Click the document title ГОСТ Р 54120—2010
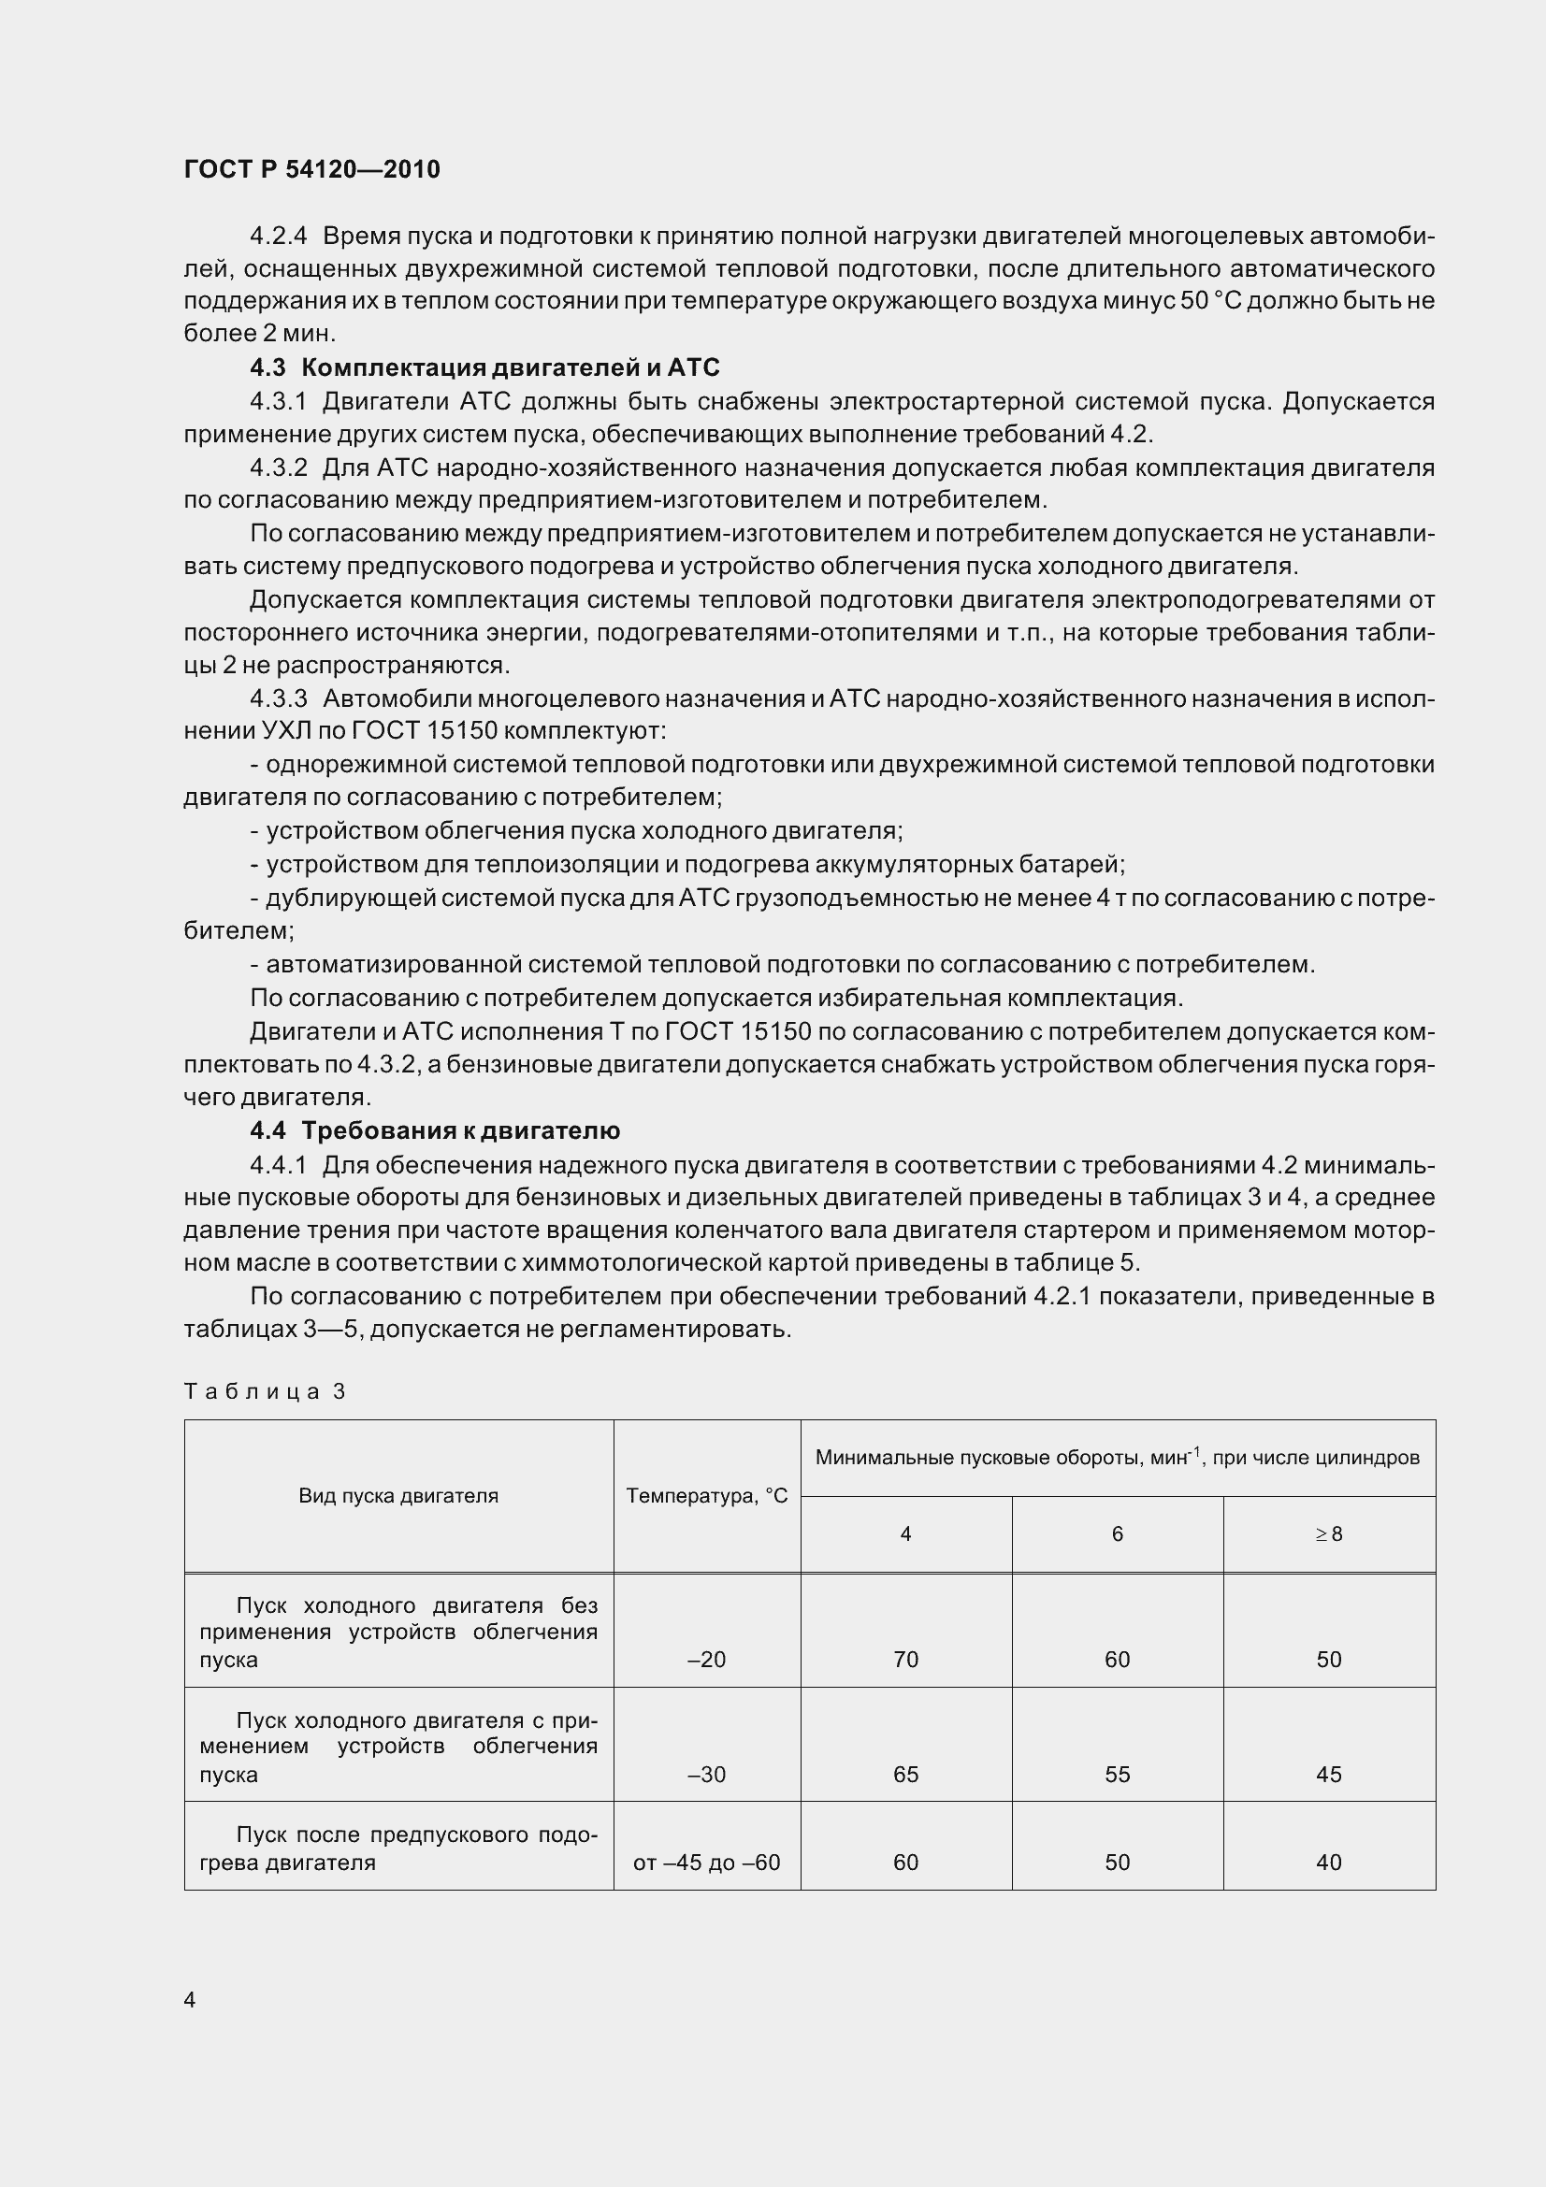(311, 169)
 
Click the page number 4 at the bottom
(190, 1999)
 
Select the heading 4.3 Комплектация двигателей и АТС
(484, 367)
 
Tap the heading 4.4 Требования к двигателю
(434, 1130)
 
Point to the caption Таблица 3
(264, 1391)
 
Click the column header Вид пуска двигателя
(398, 1495)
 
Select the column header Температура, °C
(707, 1495)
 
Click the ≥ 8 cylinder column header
(1329, 1533)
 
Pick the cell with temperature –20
(706, 1660)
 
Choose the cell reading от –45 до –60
(706, 1863)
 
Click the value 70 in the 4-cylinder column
(906, 1660)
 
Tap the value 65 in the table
(906, 1775)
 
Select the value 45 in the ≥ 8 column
(1329, 1775)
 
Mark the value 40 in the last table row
(1329, 1863)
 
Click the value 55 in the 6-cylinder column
(1118, 1775)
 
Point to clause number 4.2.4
(278, 236)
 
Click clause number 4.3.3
(278, 699)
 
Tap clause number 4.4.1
(278, 1165)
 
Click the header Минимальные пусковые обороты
(1117, 1458)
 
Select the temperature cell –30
(706, 1775)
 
